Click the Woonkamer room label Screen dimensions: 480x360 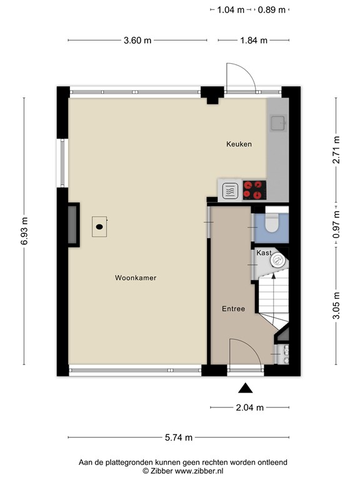pyautogui.click(x=135, y=278)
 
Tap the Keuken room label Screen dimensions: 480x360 pyautogui.click(x=239, y=144)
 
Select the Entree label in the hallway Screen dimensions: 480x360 pyautogui.click(x=233, y=309)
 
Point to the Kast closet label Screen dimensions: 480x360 pyautogui.click(x=263, y=253)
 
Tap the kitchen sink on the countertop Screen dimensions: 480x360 pyautogui.click(x=277, y=123)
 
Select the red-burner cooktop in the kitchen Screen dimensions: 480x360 pyautogui.click(x=254, y=189)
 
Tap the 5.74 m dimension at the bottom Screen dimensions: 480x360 pyautogui.click(x=179, y=437)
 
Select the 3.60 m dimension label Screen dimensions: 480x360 pyautogui.click(x=137, y=41)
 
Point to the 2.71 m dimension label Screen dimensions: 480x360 pyautogui.click(x=336, y=150)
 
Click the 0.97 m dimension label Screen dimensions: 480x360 pyautogui.click(x=336, y=224)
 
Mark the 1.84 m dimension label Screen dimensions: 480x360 pyautogui.click(x=254, y=41)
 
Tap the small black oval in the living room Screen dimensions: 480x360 pyautogui.click(x=99, y=227)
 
